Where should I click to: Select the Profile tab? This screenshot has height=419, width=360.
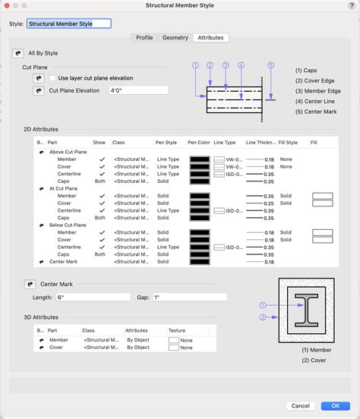[144, 37]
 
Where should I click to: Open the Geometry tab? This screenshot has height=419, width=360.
[175, 37]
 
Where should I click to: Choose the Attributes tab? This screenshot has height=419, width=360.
[210, 37]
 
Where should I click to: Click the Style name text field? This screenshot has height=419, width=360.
[69, 24]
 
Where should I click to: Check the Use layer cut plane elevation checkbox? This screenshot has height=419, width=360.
[52, 78]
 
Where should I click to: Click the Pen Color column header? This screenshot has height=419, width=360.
[198, 142]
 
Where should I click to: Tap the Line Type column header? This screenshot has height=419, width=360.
[224, 142]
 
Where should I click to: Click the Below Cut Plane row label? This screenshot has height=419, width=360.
[68, 225]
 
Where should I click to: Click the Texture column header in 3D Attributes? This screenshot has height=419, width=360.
[176, 331]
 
